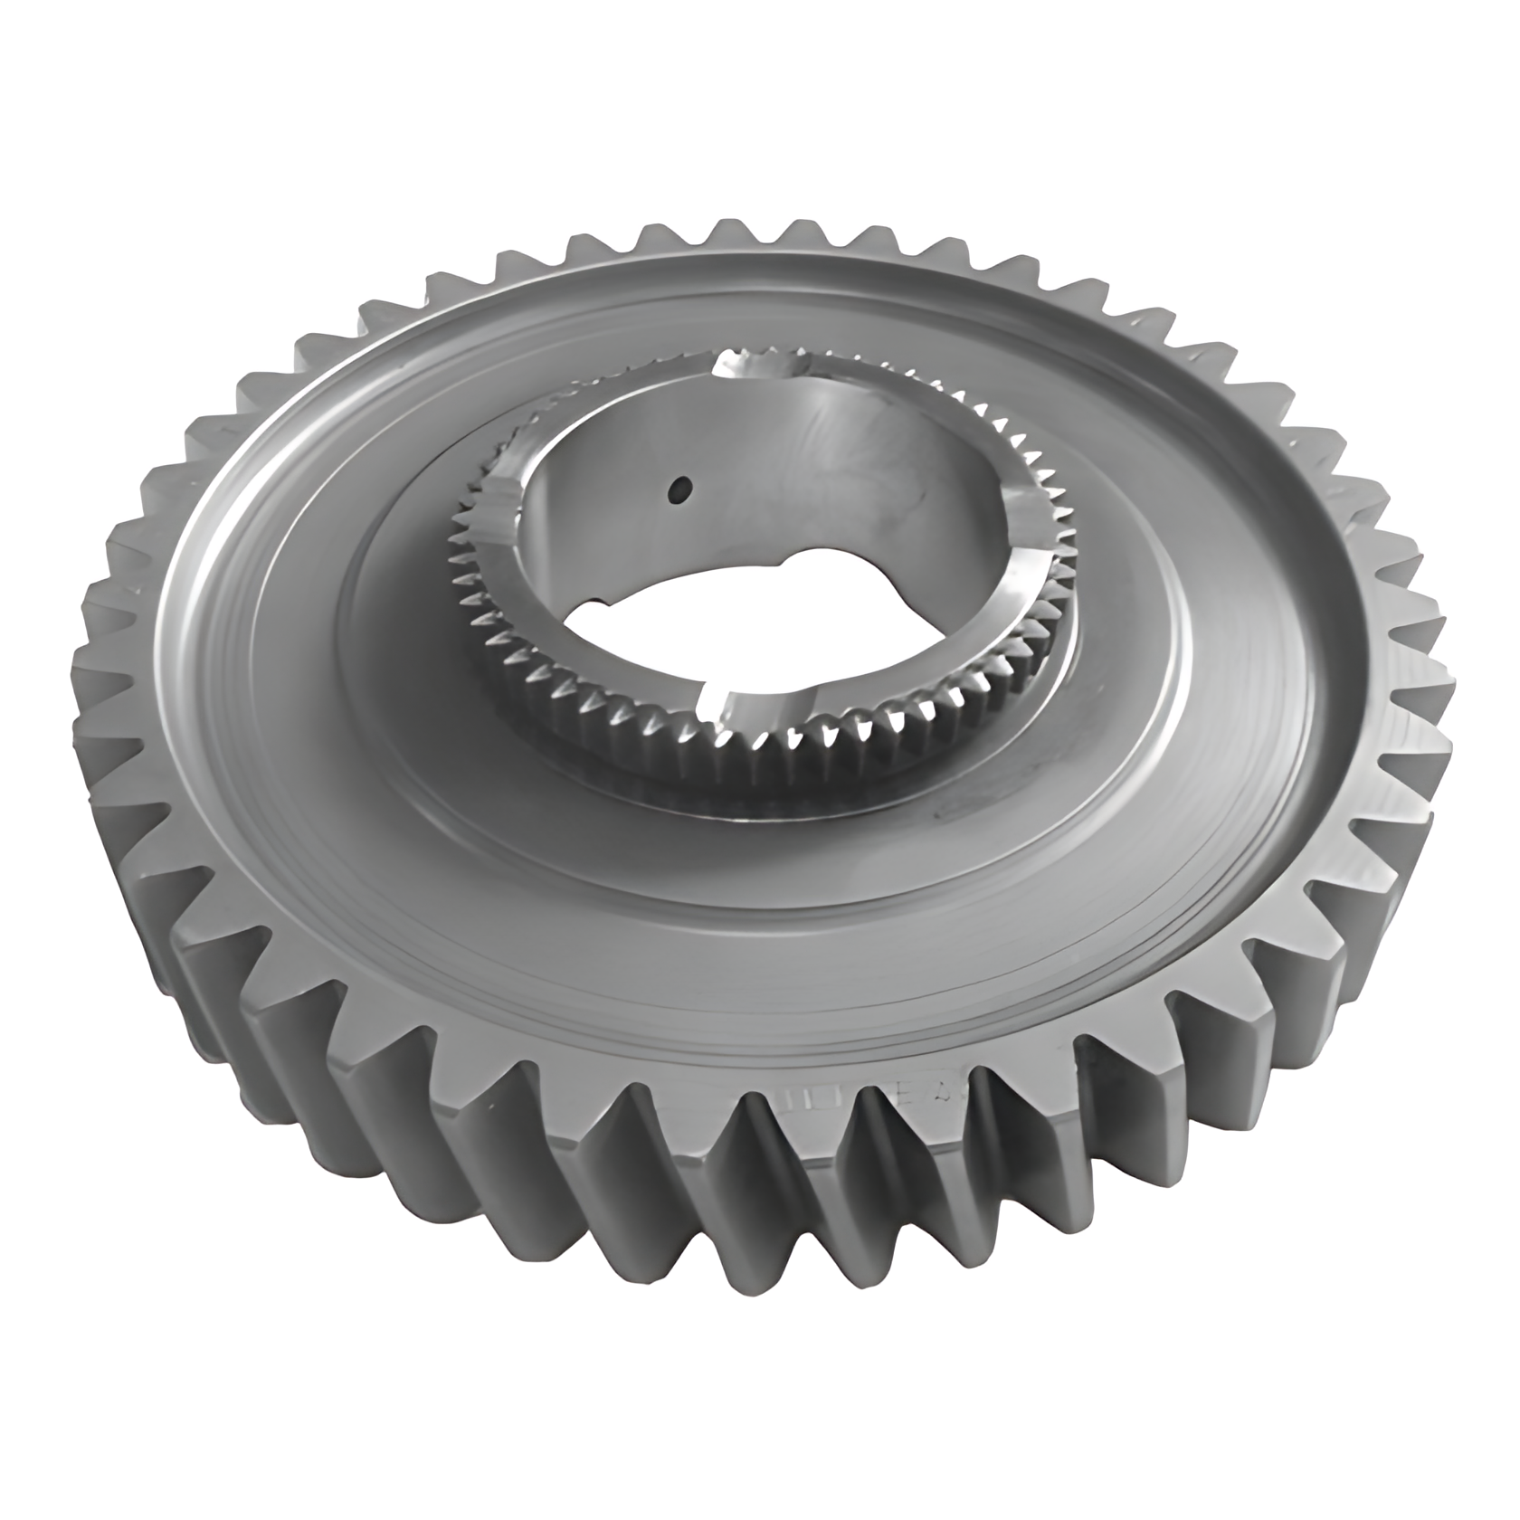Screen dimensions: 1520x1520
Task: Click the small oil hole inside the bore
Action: point(679,489)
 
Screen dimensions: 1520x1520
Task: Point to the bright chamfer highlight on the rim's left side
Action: point(195,579)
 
